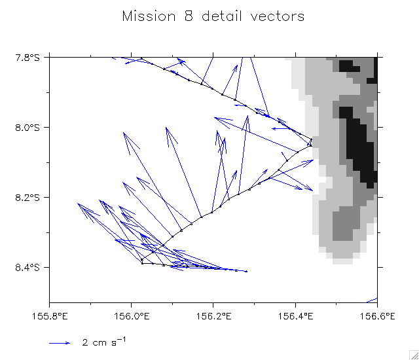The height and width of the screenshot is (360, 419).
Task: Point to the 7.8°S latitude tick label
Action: (x=28, y=58)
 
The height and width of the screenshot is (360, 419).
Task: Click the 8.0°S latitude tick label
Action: (x=28, y=127)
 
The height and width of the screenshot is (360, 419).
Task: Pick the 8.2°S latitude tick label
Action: (x=28, y=197)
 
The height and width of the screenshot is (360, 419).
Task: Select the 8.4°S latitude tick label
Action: (x=28, y=267)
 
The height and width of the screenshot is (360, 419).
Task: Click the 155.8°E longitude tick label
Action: (x=50, y=315)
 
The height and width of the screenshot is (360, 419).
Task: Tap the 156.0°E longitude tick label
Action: (x=132, y=315)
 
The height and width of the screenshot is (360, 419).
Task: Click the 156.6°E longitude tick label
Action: (x=377, y=315)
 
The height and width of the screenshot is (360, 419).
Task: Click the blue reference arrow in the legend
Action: (x=60, y=342)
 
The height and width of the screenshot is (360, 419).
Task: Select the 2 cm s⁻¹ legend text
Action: (x=103, y=341)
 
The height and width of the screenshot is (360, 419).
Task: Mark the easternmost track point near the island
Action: (x=311, y=139)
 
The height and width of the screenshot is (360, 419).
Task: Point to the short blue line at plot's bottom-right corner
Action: (x=372, y=300)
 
